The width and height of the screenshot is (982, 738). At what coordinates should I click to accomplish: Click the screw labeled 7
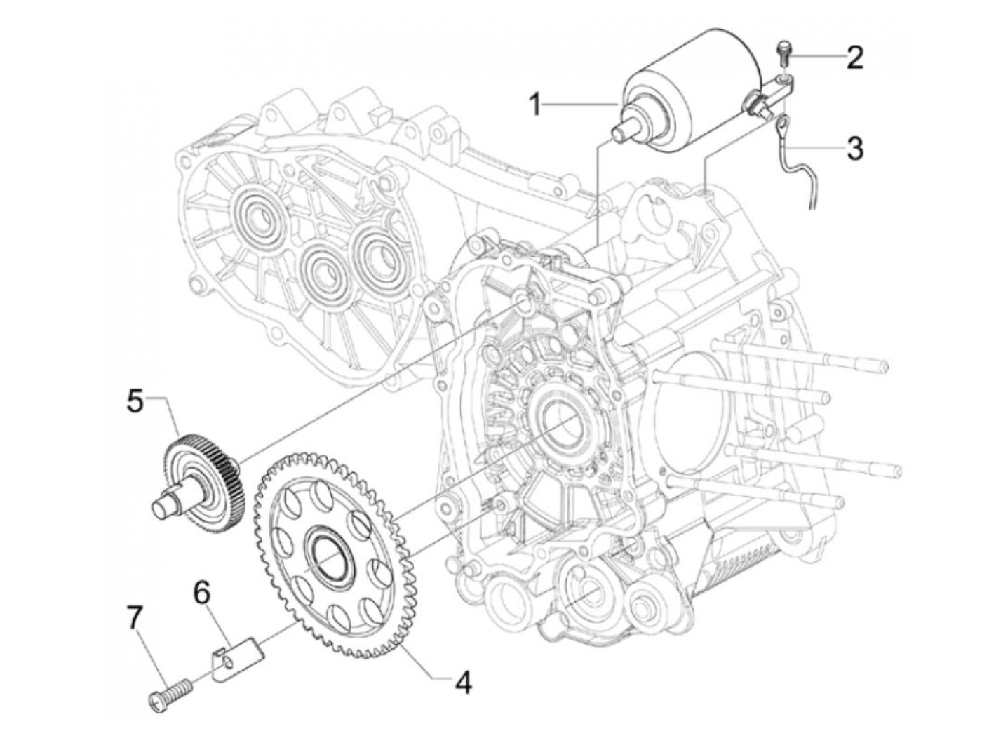coord(169,700)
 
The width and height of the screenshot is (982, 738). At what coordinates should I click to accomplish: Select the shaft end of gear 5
coord(162,509)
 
